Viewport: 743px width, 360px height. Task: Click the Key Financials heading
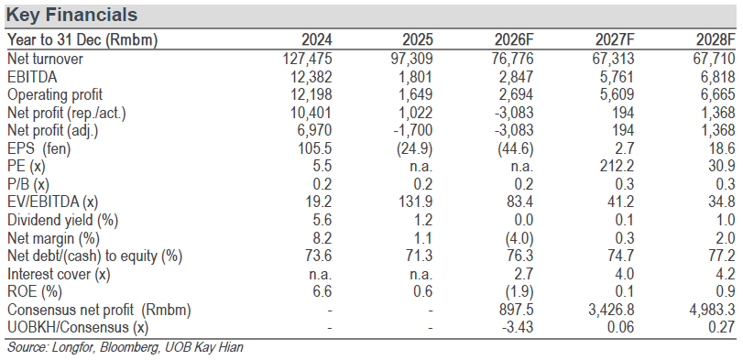[x=72, y=16]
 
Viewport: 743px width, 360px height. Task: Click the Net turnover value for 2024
[x=307, y=59]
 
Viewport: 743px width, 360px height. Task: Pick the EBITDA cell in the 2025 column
[x=416, y=77]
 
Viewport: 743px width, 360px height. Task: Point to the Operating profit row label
[x=54, y=94]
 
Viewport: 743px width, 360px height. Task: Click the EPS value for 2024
[x=315, y=148]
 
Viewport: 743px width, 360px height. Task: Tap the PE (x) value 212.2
[x=617, y=167]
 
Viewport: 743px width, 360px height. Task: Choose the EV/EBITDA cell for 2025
[x=416, y=202]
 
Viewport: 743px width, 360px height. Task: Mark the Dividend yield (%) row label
[x=62, y=220]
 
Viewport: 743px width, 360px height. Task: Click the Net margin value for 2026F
[x=520, y=238]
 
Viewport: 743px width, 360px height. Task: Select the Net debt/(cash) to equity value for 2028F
[x=723, y=256]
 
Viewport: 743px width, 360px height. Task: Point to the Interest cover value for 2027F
[x=625, y=274]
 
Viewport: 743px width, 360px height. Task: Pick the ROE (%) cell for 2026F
[x=520, y=292]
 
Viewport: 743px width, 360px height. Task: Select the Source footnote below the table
[x=125, y=348]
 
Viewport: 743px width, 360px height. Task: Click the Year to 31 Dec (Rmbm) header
[x=82, y=40]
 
